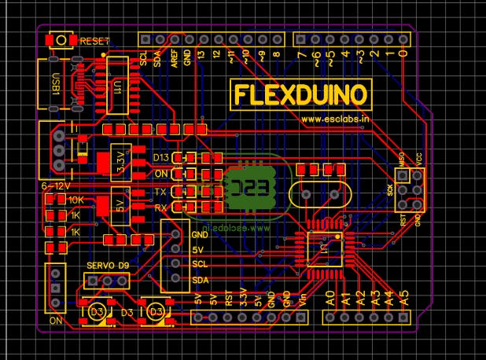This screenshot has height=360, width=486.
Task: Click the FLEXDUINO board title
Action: (300, 96)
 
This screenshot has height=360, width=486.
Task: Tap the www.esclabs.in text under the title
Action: (335, 119)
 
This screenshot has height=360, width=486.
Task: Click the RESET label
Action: (95, 40)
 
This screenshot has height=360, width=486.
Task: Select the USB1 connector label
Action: (55, 83)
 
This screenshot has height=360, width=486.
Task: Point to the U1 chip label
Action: (117, 86)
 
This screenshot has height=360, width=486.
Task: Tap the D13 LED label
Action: (161, 159)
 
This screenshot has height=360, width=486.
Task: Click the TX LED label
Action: (160, 193)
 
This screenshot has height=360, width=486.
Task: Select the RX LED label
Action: (160, 208)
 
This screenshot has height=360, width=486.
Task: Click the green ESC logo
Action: (249, 187)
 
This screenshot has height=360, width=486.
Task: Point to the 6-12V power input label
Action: (56, 186)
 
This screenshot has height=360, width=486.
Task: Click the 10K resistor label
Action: (76, 200)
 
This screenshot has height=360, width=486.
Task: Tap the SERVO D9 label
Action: (108, 266)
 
